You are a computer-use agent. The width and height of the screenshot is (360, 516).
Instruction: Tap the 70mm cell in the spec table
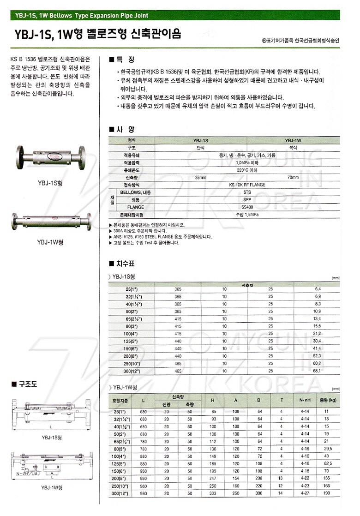coord(293,177)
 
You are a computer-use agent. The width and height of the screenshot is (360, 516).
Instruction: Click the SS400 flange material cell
coord(247,207)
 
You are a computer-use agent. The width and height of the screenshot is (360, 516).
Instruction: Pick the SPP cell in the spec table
coord(247,199)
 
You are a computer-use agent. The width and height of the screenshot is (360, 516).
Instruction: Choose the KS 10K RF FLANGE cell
coord(247,185)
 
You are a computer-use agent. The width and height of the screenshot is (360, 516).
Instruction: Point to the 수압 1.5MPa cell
coord(247,215)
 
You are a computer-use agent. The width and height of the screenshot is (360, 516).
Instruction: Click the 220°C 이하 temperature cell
coord(247,170)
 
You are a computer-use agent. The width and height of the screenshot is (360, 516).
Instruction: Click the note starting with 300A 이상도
coord(138,230)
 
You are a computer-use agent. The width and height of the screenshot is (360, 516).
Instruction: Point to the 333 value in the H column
coord(213,493)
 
